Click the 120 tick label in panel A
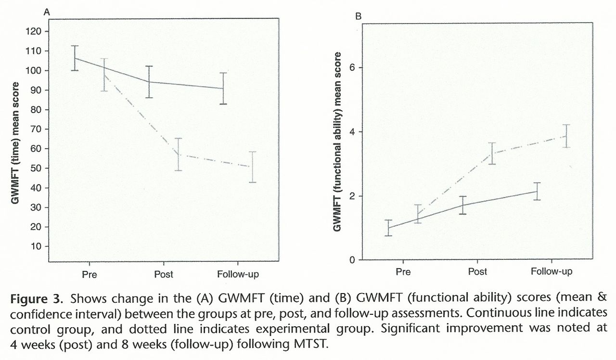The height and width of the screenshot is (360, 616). coord(38,32)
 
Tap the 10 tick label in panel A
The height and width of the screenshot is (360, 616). coord(39,246)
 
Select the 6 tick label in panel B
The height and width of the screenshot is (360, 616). coord(352,67)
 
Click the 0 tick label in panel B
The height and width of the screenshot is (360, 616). coord(352,260)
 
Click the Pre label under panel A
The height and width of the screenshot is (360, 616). coord(89,275)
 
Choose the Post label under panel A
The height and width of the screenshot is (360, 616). coord(164,275)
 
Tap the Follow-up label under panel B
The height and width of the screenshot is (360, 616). coord(552,271)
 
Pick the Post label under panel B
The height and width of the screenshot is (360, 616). coord(477,271)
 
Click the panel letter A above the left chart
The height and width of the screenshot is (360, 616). coord(47,12)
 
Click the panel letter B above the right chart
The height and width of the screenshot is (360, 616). coord(358,17)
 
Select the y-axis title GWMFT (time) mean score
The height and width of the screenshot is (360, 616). coord(16,143)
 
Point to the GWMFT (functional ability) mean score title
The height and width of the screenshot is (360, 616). coord(337,141)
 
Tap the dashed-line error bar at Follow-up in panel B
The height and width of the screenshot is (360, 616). coord(552,136)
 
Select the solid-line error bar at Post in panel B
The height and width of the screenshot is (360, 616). coord(462,205)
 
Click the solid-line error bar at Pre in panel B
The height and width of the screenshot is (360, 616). coord(388,228)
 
